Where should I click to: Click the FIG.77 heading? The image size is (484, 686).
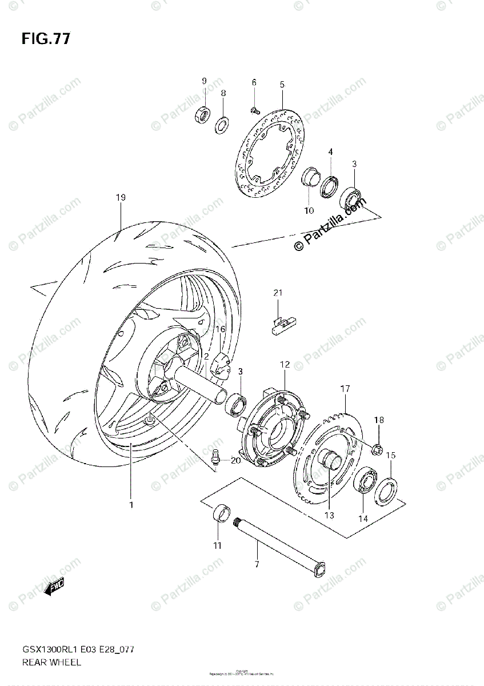(x=46, y=39)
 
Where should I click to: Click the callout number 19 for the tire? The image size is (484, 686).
(x=120, y=198)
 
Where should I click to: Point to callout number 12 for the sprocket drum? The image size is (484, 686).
(x=285, y=364)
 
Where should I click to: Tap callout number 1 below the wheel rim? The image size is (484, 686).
(x=131, y=505)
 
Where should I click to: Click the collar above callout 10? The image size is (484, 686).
(x=309, y=176)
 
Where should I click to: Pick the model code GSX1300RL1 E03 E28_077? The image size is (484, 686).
(x=79, y=651)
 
